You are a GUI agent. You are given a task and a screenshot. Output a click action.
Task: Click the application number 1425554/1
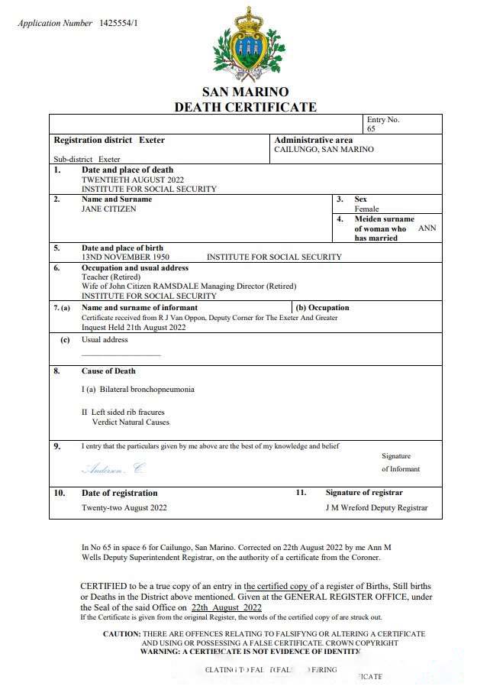(118, 23)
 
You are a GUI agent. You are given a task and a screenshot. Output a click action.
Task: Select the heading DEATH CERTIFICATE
(245, 107)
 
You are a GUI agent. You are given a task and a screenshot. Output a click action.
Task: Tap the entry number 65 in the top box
(371, 129)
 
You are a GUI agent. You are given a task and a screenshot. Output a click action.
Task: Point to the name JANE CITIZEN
(109, 209)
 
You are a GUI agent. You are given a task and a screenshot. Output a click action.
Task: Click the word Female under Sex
(366, 209)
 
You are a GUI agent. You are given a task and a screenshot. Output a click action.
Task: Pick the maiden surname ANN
(427, 228)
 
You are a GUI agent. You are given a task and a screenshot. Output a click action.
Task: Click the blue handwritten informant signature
(113, 468)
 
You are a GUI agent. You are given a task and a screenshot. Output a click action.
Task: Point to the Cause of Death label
(108, 371)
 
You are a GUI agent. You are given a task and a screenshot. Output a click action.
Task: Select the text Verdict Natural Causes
(131, 422)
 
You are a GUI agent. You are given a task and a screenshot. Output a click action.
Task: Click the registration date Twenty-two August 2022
(124, 507)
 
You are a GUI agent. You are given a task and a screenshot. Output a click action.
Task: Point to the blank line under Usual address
(121, 355)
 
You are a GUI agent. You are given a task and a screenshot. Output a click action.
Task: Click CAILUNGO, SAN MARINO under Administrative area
(324, 150)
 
